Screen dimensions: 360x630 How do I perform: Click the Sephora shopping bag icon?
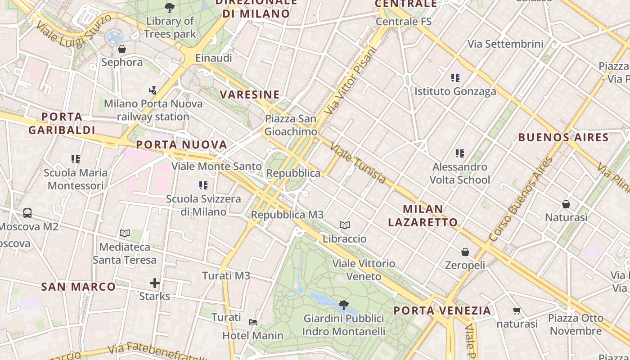tap(121, 49)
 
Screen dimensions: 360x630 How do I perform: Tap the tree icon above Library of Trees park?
tap(170, 8)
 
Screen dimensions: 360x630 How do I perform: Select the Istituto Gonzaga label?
tap(455, 91)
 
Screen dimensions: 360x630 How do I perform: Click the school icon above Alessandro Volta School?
tap(459, 153)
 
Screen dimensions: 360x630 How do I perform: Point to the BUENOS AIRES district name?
tap(563, 137)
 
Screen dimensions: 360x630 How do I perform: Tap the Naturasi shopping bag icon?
tap(566, 204)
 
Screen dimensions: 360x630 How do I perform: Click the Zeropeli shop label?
tap(465, 265)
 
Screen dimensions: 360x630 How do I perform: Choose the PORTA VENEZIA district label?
tap(442, 310)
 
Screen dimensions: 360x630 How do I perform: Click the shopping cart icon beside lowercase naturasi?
tap(517, 310)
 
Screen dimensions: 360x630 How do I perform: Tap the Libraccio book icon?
tap(345, 225)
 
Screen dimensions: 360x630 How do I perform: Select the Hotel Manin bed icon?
tap(253, 322)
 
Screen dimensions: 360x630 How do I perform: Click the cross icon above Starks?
tap(155, 283)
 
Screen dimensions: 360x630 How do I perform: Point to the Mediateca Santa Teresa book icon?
tap(125, 233)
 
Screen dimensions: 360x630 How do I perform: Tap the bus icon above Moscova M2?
tap(27, 213)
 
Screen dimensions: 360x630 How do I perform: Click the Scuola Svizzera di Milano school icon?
tap(203, 185)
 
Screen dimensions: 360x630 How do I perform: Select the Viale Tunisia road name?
tap(358, 163)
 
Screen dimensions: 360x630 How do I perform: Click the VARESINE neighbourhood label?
tap(250, 94)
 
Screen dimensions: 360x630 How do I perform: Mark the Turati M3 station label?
tap(226, 275)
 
